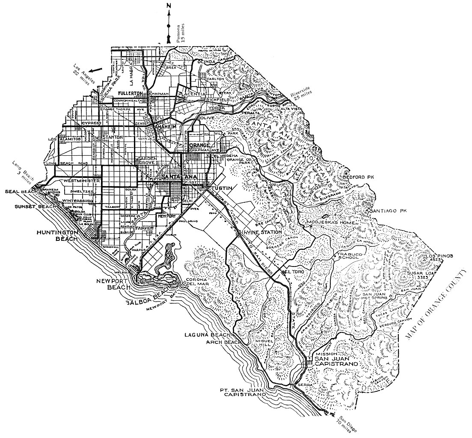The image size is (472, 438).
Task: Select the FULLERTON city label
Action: coord(130,93)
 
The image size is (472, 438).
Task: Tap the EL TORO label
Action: coord(294,272)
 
